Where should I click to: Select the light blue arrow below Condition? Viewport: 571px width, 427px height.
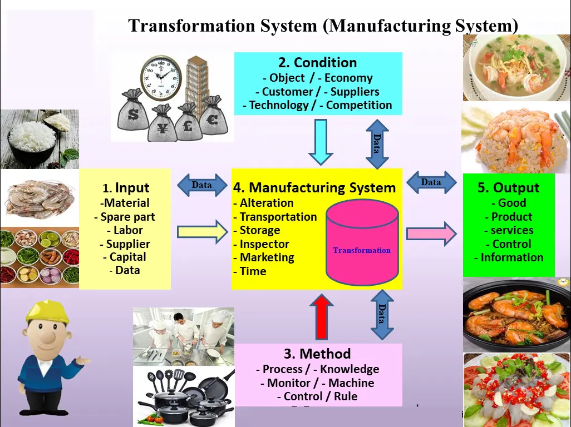click(x=320, y=142)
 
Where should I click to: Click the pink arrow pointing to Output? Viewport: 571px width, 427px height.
click(x=431, y=234)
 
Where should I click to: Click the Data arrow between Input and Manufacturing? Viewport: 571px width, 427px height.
click(x=201, y=185)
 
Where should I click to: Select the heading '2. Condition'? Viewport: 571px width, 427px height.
click(x=317, y=63)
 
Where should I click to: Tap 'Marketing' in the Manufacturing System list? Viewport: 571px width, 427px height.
click(x=267, y=257)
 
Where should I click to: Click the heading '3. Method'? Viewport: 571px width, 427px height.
click(x=317, y=354)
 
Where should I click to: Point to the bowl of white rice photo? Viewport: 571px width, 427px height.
click(x=39, y=138)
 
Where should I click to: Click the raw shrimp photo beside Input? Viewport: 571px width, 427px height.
click(x=40, y=197)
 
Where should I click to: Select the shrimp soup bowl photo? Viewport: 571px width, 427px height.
click(x=516, y=68)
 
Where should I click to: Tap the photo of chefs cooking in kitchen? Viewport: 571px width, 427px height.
click(x=184, y=336)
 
